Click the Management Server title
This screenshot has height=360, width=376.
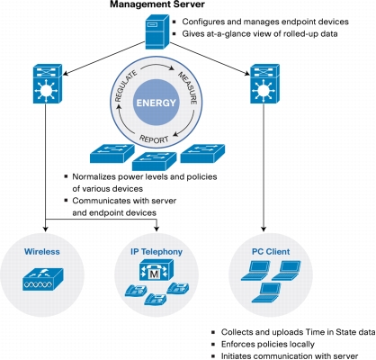click(x=157, y=4)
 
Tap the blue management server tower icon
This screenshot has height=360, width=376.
click(x=157, y=32)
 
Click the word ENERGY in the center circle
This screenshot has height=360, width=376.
click(x=157, y=103)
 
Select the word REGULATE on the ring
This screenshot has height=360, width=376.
click(x=126, y=85)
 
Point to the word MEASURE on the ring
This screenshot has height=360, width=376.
click(x=188, y=88)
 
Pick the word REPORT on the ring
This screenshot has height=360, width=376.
click(x=154, y=139)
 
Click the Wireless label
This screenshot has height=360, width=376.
click(x=42, y=251)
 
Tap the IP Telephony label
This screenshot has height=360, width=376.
click(x=157, y=252)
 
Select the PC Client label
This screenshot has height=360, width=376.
click(x=271, y=251)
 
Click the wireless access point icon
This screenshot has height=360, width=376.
click(x=43, y=279)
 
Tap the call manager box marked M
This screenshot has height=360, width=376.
click(x=157, y=269)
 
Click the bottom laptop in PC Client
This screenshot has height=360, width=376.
click(x=266, y=292)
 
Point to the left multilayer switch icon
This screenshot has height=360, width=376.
click(x=48, y=84)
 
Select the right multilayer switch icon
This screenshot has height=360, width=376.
click(x=264, y=84)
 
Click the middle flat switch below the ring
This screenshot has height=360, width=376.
click(x=155, y=161)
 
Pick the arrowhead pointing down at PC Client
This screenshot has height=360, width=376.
click(x=264, y=229)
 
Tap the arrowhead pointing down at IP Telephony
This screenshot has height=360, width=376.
click(x=157, y=229)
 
